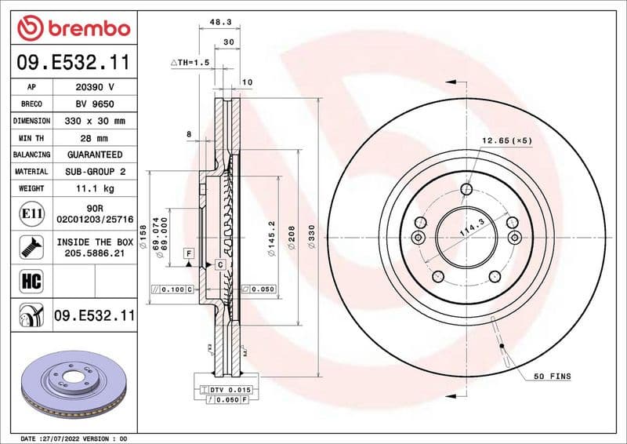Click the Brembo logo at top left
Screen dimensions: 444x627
[73, 28]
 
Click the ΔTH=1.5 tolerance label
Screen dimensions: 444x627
[191, 61]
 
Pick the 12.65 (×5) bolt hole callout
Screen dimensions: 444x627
[506, 141]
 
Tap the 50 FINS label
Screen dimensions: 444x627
[553, 377]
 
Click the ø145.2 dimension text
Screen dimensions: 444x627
[270, 235]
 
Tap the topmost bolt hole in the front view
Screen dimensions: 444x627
[466, 188]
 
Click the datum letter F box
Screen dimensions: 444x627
[189, 253]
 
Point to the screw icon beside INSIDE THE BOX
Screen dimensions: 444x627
[27, 246]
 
